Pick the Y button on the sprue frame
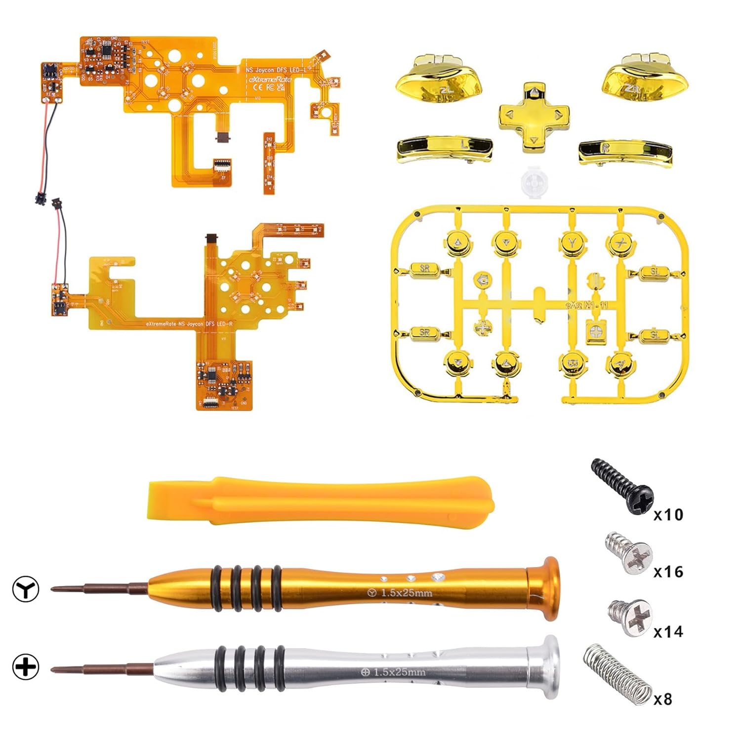point(572,243)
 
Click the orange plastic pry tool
point(321,501)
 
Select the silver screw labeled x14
point(630,617)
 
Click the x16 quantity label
point(668,572)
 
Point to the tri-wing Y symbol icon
point(26,588)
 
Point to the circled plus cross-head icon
point(26,667)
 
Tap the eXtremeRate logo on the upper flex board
point(270,80)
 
